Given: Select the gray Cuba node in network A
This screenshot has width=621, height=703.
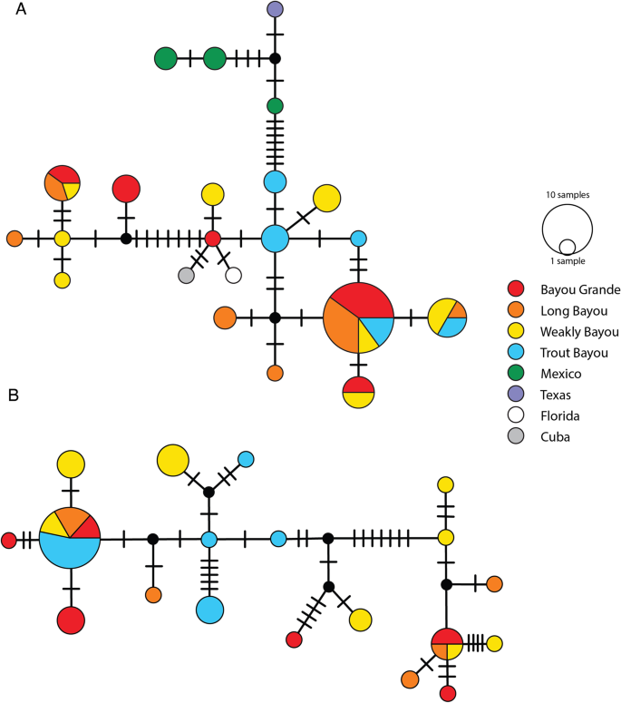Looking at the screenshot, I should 187,274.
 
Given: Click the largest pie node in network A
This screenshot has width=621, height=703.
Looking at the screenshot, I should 359,317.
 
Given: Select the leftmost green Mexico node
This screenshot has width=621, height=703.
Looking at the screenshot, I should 165,59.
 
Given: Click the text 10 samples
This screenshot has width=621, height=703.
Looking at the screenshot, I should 568,195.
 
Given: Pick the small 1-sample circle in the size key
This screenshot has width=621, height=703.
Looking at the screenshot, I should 568,246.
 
